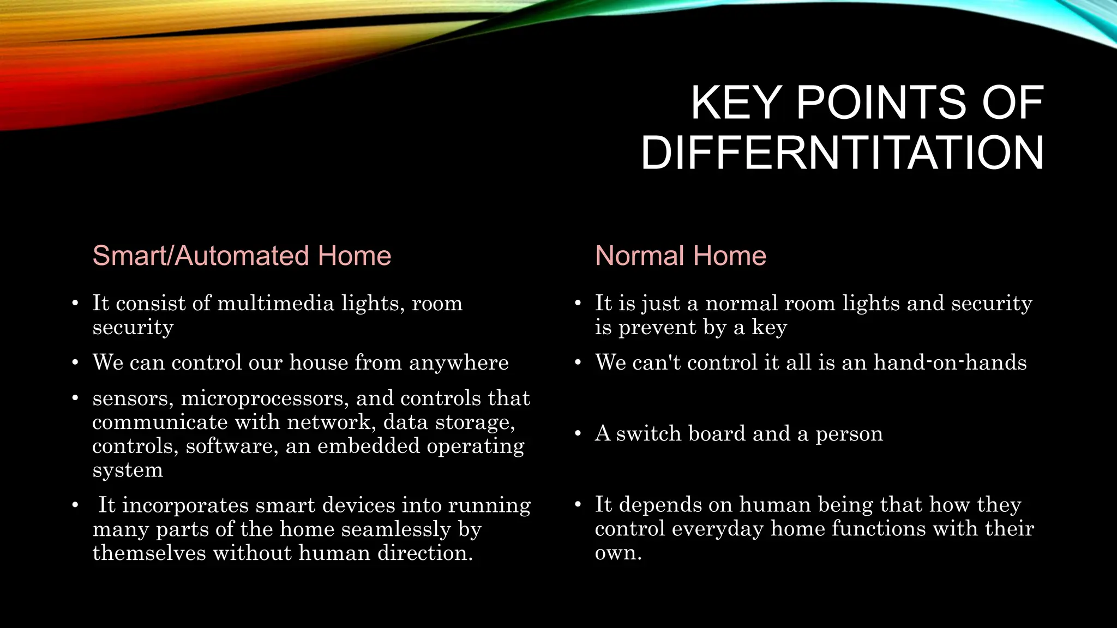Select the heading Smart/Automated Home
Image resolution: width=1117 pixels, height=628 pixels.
(x=242, y=256)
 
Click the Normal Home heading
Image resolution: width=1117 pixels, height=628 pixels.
(x=680, y=256)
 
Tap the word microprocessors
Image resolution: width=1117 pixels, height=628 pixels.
(x=265, y=398)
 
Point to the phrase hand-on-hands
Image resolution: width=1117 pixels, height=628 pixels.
(x=950, y=363)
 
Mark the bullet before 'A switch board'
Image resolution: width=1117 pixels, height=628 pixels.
(x=578, y=434)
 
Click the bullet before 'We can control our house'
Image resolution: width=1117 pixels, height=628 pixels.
(x=75, y=363)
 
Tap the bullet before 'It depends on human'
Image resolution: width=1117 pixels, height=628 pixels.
(x=578, y=505)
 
